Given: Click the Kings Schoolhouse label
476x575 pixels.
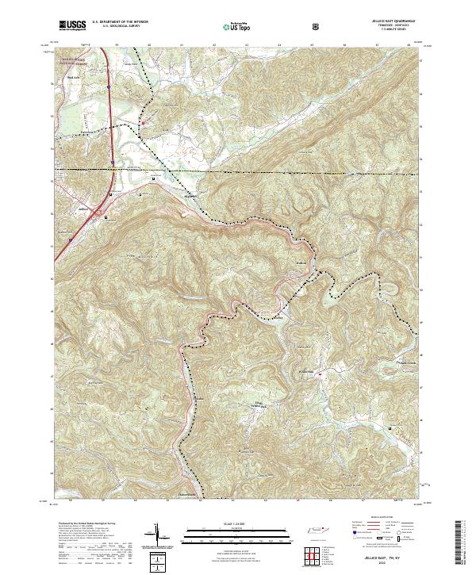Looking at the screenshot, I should pos(252,406).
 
